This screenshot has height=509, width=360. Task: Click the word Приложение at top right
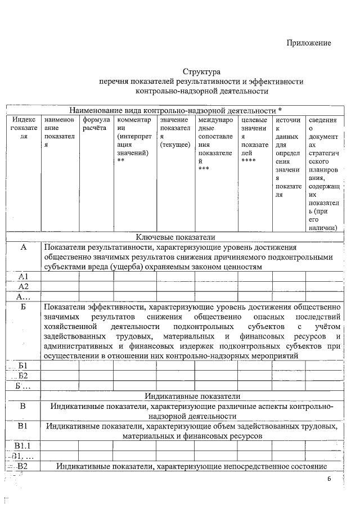pos(309,43)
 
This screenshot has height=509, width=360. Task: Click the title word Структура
pos(201,71)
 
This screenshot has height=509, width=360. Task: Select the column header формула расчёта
pos(94,124)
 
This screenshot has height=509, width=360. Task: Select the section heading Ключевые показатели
pos(175,237)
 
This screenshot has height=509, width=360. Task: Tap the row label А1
pos(24,276)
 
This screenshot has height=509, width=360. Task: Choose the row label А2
pos(24,286)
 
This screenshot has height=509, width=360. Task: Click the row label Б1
pos(24,366)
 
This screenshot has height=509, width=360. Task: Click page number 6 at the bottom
pos(330,479)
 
